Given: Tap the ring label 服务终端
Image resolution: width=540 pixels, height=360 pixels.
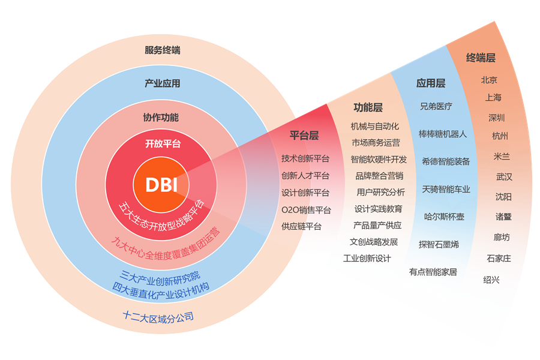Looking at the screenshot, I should [x=162, y=50].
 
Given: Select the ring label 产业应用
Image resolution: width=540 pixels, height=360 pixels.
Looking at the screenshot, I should [x=162, y=83].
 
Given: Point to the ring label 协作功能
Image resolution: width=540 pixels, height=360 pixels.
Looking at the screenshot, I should [x=161, y=118].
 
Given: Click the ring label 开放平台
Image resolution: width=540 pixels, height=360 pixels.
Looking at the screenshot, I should [x=162, y=144].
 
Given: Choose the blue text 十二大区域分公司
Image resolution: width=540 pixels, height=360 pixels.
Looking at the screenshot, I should [x=158, y=316].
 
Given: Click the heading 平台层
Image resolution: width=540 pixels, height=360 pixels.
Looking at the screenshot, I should [x=304, y=136].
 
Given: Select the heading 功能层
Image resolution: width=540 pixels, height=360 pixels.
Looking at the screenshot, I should [x=368, y=107].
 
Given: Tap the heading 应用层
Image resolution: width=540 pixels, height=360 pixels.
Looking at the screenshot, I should [x=431, y=83].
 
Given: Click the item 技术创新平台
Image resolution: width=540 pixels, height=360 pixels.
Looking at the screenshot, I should [x=305, y=158].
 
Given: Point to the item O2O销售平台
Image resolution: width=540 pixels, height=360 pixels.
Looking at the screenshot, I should [x=306, y=210].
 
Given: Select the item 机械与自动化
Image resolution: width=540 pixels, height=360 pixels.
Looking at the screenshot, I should [x=375, y=127].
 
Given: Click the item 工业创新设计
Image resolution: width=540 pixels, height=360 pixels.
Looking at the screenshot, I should [x=367, y=259].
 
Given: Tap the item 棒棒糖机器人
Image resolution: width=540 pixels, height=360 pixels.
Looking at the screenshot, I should [x=443, y=134].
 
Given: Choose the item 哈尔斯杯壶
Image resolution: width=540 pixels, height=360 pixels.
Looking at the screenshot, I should [x=444, y=216].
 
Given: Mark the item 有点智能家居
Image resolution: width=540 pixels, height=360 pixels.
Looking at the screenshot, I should [x=433, y=272].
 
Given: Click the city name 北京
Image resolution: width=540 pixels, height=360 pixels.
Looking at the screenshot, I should [x=489, y=80].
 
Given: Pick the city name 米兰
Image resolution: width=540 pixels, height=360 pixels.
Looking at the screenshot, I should [x=502, y=156].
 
